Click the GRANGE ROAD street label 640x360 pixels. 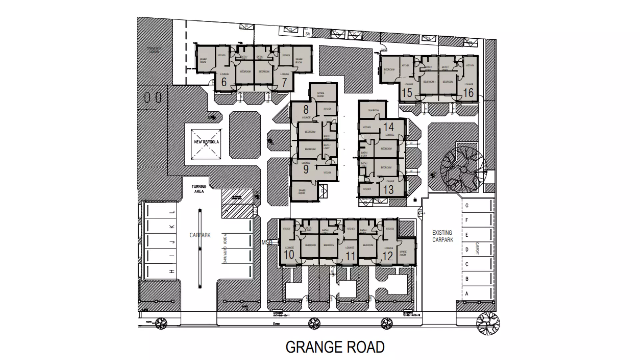(x=335, y=347)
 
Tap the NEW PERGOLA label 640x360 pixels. (x=206, y=142)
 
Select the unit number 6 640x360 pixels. (x=224, y=82)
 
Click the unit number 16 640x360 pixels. (x=468, y=93)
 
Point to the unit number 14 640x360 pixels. (x=388, y=127)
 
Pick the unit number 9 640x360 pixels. (x=306, y=169)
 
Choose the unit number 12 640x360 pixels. (x=388, y=256)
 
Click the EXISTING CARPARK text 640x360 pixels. (x=443, y=236)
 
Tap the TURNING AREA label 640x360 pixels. (x=199, y=189)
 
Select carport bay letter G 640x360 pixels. (x=467, y=206)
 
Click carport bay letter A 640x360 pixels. (x=467, y=294)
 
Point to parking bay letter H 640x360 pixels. (x=172, y=271)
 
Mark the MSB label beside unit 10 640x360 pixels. (x=267, y=242)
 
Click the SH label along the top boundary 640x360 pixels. (x=308, y=34)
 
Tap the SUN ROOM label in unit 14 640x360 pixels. (x=374, y=110)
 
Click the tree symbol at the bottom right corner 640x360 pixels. (x=488, y=323)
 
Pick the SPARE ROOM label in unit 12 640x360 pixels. (x=403, y=253)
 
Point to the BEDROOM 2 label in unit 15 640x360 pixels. (x=389, y=71)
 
